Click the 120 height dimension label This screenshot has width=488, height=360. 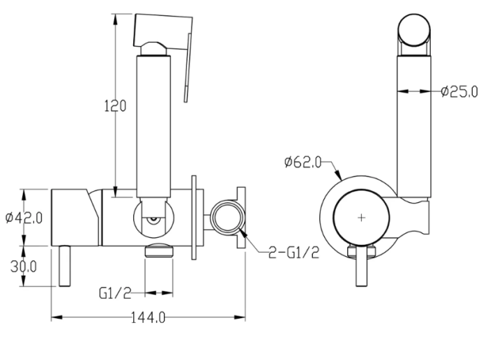click(x=115, y=106)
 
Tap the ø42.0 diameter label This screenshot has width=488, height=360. click(x=24, y=218)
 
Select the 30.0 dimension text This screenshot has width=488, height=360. click(x=23, y=267)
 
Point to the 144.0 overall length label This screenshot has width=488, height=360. click(x=148, y=317)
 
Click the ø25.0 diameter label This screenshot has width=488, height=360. click(x=459, y=91)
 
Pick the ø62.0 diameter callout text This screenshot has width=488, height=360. click(x=303, y=163)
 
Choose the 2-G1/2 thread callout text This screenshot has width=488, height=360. click(x=293, y=253)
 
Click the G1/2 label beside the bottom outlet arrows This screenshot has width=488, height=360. click(x=115, y=293)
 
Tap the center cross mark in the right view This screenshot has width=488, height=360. click(x=361, y=218)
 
